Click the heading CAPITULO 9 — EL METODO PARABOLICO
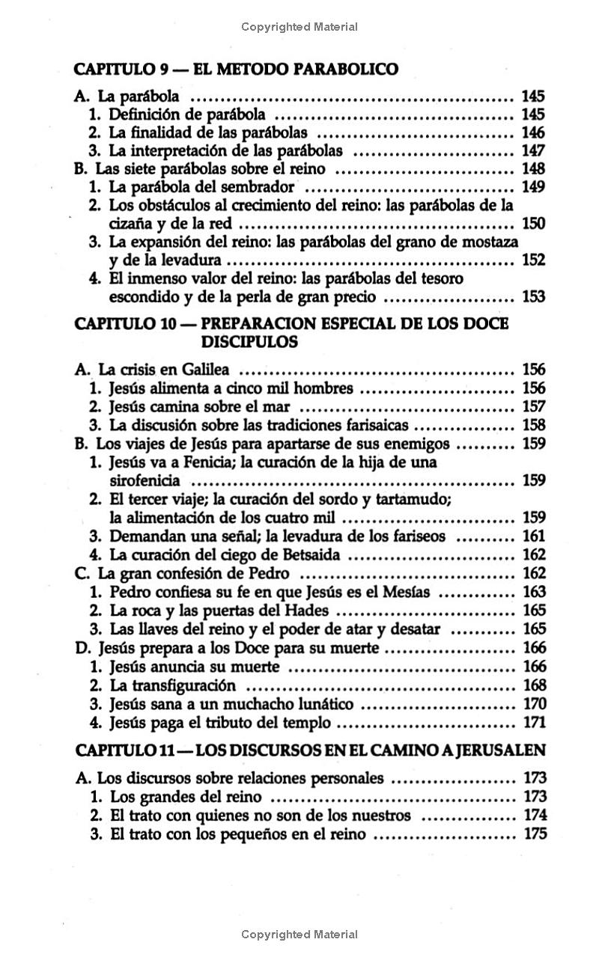click(x=237, y=70)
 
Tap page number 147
click(x=532, y=150)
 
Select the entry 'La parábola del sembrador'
click(x=201, y=187)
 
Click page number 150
click(x=532, y=224)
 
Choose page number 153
click(x=532, y=297)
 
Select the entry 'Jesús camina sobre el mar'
click(x=200, y=406)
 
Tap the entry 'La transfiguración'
click(x=173, y=685)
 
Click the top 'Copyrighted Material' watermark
click(x=299, y=27)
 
